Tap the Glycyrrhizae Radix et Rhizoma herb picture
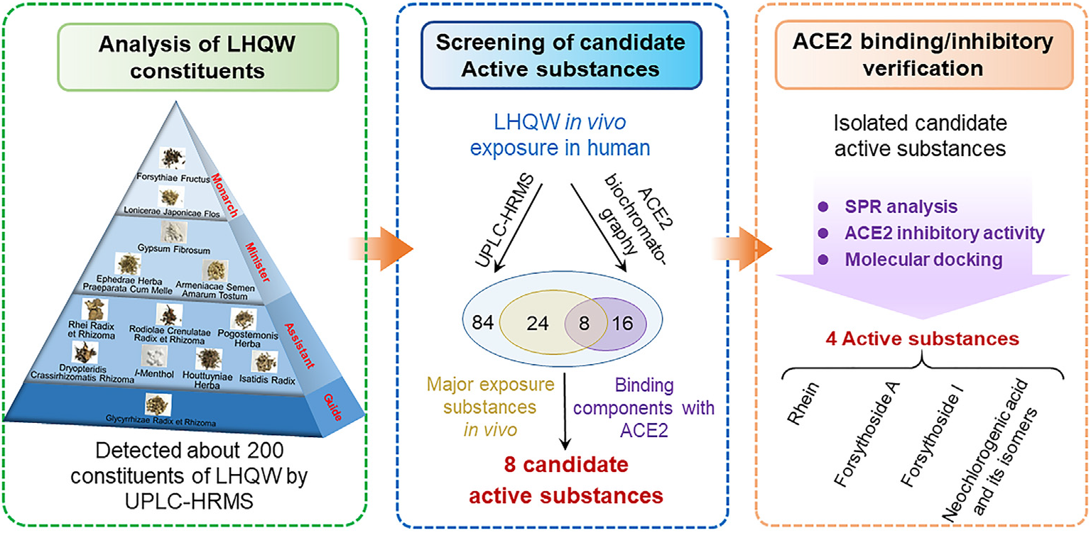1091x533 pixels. [153, 405]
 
